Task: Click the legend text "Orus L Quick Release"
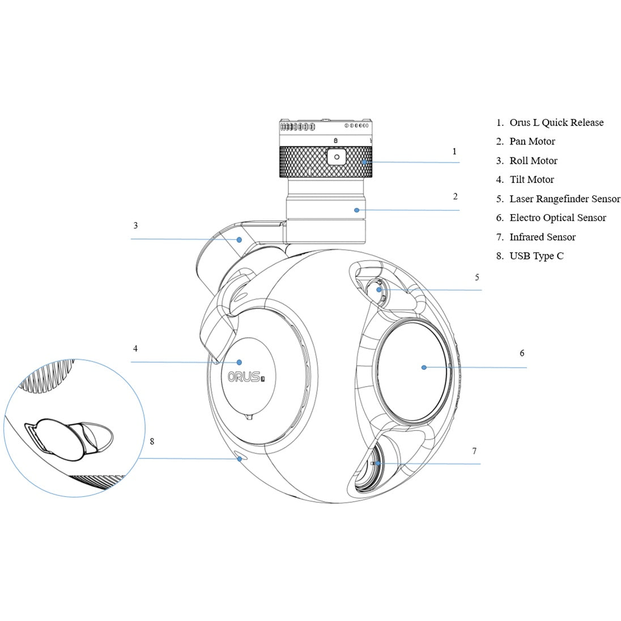click(556, 122)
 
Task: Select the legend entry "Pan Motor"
click(532, 141)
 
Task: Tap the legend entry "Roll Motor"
click(533, 160)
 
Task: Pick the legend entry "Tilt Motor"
click(531, 180)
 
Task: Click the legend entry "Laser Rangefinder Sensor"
click(564, 199)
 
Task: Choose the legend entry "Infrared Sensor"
click(542, 237)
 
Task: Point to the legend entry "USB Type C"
click(536, 256)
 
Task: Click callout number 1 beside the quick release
click(454, 151)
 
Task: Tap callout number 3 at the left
click(135, 225)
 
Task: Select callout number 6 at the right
click(522, 353)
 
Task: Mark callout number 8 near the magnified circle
click(152, 441)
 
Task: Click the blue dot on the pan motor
click(357, 210)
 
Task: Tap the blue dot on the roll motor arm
click(240, 240)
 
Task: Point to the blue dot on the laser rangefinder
click(379, 290)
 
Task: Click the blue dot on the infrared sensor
click(377, 463)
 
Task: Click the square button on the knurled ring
click(337, 156)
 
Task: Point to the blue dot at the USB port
click(240, 458)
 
